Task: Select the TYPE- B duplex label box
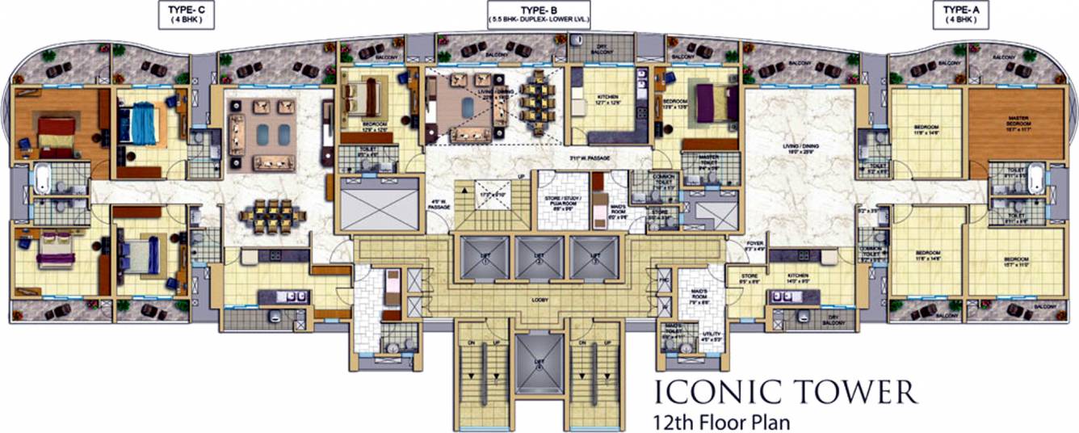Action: [x=539, y=15]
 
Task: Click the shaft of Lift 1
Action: [x=482, y=258]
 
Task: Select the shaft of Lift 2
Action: [x=538, y=258]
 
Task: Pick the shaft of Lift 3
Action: [x=594, y=258]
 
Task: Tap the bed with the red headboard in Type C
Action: [x=55, y=133]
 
